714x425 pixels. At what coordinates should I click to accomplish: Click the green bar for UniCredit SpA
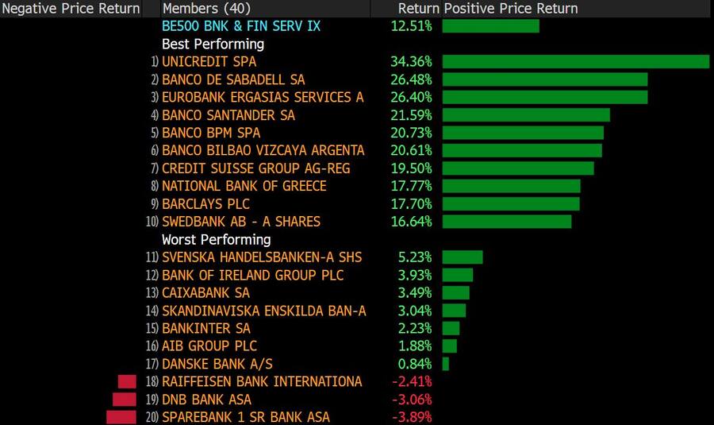click(575, 62)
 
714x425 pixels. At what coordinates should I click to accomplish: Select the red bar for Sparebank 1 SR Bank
click(121, 417)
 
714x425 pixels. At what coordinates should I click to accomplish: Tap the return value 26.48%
click(411, 79)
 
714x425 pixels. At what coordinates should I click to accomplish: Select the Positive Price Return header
click(511, 9)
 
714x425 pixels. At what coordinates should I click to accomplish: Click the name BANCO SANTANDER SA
click(228, 115)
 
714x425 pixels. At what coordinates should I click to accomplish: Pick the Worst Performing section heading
click(216, 239)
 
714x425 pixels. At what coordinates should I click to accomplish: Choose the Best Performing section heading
click(213, 44)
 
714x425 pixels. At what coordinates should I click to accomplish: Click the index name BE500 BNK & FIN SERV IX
click(240, 26)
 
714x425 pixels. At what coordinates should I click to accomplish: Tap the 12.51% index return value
click(411, 26)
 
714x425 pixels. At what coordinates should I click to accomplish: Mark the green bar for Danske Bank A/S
click(446, 364)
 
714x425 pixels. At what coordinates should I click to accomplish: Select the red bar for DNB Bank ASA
click(125, 400)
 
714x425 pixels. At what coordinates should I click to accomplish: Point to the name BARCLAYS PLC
click(206, 203)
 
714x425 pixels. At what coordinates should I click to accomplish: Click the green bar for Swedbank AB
click(507, 222)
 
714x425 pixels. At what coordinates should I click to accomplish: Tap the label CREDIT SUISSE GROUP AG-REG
click(255, 168)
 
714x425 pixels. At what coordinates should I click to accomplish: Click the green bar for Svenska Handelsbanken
click(463, 257)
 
